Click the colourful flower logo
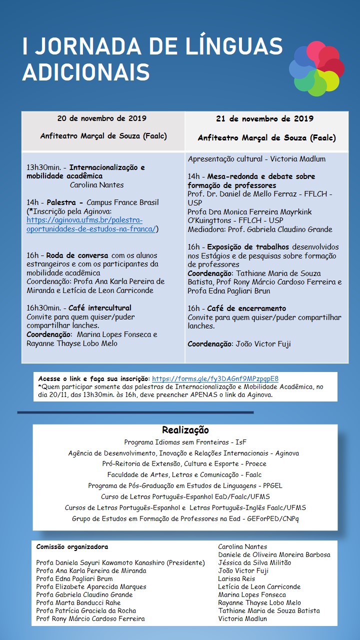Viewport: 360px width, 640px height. click(316, 68)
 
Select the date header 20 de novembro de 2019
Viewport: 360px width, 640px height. click(102, 118)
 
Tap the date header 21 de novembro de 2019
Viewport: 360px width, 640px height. click(265, 118)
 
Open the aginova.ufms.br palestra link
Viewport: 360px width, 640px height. click(92, 224)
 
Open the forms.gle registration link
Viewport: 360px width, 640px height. click(215, 378)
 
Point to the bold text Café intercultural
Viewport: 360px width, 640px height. click(99, 308)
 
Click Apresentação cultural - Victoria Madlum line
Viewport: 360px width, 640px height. click(256, 159)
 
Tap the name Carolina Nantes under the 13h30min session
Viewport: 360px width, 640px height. click(96, 185)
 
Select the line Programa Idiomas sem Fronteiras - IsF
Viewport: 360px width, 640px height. click(185, 442)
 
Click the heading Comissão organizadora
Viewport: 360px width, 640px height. click(72, 547)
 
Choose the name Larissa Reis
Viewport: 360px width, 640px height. click(236, 578)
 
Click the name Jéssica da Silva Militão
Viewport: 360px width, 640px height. click(254, 562)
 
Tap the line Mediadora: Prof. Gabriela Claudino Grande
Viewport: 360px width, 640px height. click(259, 229)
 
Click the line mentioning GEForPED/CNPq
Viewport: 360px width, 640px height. click(185, 518)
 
